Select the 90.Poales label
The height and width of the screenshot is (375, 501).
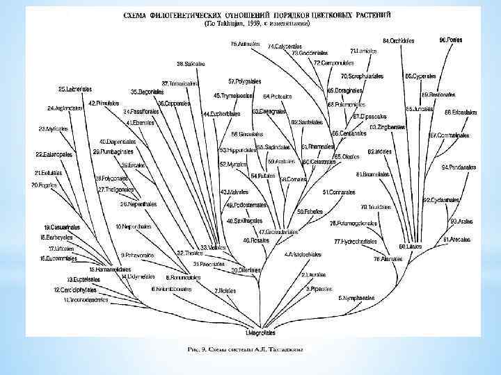[x=451, y=40]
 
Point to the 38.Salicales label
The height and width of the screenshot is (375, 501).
[x=191, y=64]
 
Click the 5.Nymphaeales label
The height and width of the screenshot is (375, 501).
[x=357, y=298]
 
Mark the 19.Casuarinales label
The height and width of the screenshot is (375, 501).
[x=62, y=227]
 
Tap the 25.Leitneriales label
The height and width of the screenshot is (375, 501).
[x=75, y=89]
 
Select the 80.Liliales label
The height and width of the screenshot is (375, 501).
[x=411, y=246]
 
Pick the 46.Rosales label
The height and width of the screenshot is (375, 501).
[x=255, y=240]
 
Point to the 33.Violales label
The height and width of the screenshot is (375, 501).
[x=214, y=247]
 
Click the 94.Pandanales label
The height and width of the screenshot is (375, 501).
[x=459, y=167]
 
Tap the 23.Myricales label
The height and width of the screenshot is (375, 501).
[x=53, y=128]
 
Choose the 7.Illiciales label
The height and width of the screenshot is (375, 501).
[x=225, y=290]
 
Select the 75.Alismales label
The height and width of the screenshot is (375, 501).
[x=386, y=258]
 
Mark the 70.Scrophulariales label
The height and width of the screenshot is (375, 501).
[x=363, y=76]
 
